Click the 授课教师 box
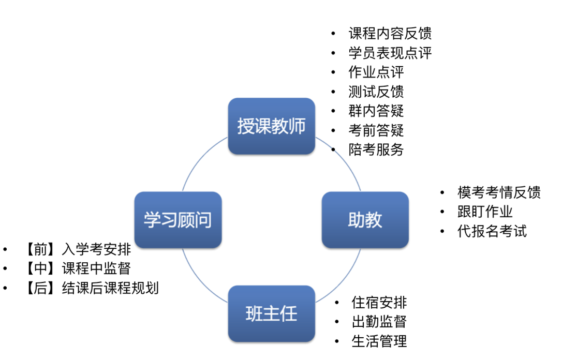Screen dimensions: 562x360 coord(271,126)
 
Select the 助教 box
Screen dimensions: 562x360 coord(365,220)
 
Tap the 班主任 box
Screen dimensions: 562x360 coord(271,314)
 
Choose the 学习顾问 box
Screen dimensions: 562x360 coord(178,220)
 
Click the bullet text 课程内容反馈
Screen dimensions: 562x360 coord(390,34)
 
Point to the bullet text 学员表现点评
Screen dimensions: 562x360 coord(390,53)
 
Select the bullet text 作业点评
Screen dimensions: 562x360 coord(376,72)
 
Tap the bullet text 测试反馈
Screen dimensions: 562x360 coord(376,92)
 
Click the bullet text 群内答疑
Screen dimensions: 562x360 coord(376,111)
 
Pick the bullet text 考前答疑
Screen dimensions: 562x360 coord(376,130)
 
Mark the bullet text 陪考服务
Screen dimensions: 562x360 coord(376,149)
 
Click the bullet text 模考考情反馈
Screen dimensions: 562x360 coord(499,192)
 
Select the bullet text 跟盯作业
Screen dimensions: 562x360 coord(485,212)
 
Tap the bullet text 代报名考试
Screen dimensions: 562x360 coord(492,231)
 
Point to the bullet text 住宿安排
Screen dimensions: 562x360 coord(379,303)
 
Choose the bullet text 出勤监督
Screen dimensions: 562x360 coord(379,322)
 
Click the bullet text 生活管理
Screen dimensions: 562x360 coord(379,341)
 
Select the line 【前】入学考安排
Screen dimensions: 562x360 coord(78,249)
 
